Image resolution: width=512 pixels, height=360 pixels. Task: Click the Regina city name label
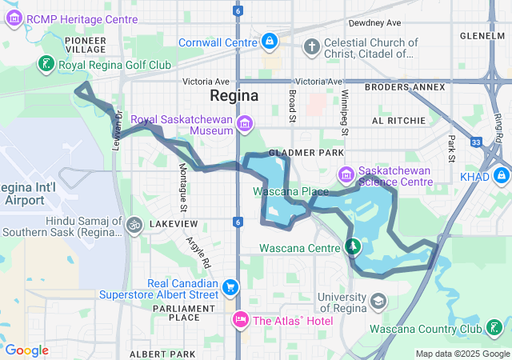[234, 95]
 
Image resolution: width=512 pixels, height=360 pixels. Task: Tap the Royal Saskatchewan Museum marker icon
[245, 123]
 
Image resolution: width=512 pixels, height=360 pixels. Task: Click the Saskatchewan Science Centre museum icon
[346, 174]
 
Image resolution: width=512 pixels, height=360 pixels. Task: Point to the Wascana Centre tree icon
[350, 246]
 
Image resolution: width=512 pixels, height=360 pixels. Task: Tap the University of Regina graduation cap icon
[378, 302]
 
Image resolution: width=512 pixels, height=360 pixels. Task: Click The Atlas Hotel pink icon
[239, 321]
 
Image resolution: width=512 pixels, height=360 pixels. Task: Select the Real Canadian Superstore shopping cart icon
[230, 287]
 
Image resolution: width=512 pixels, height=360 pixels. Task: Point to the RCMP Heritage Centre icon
[14, 18]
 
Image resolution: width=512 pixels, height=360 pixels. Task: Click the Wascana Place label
[290, 192]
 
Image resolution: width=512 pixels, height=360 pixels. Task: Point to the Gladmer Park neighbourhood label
[306, 152]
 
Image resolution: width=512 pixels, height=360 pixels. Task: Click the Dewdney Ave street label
[369, 24]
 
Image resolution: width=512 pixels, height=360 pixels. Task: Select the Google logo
[26, 350]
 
